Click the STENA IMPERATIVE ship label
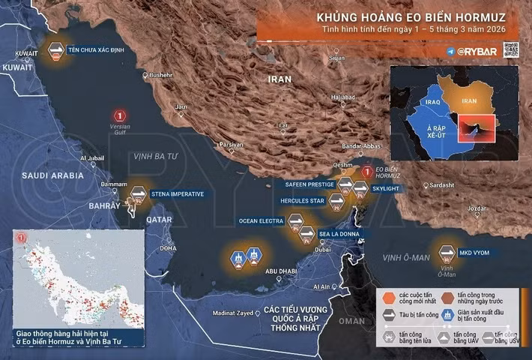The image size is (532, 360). coord(178,194)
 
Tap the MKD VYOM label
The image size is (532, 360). coord(476,253)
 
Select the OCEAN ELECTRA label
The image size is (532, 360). coord(260,221)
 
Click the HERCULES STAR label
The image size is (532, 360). coord(302,201)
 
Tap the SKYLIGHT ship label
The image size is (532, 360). coord(387,188)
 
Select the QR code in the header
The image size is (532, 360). coord(511,49)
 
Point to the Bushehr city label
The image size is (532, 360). coord(160,75)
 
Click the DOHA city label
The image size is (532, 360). coord(168,248)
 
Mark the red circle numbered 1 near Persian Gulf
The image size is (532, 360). coord(118,115)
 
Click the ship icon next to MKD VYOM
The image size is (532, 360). coord(447,252)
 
